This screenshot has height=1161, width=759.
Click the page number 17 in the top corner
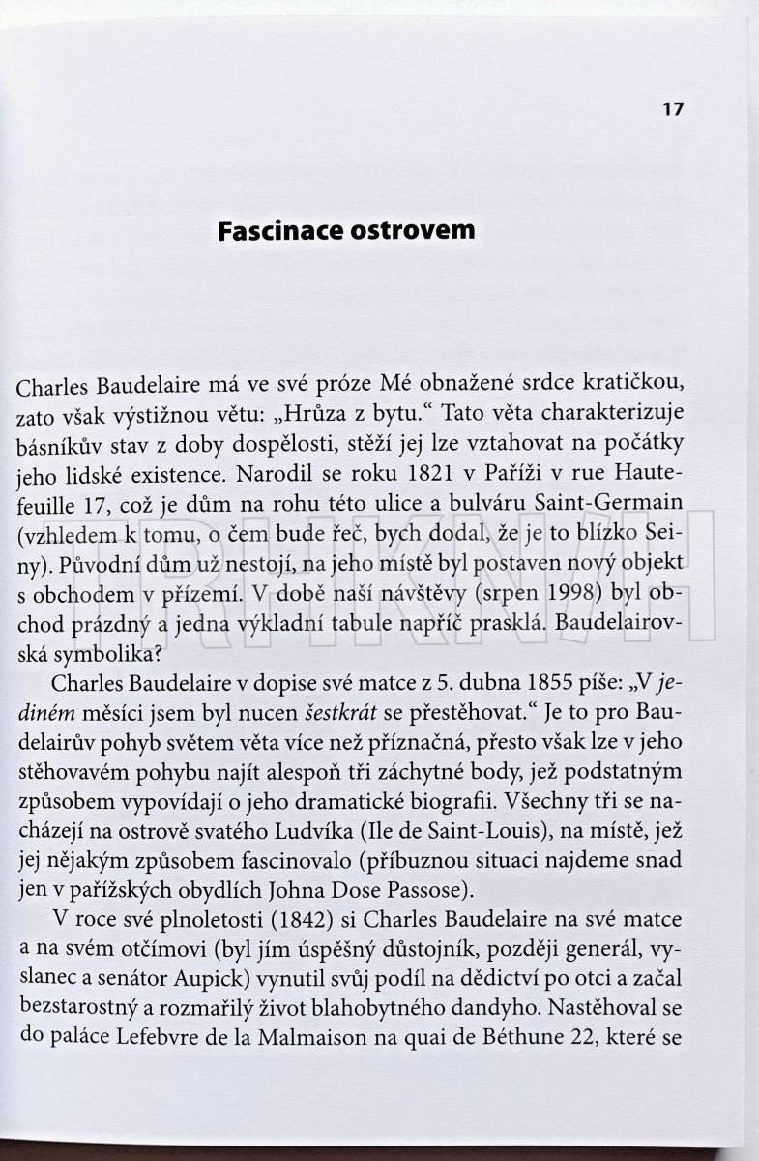673,108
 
